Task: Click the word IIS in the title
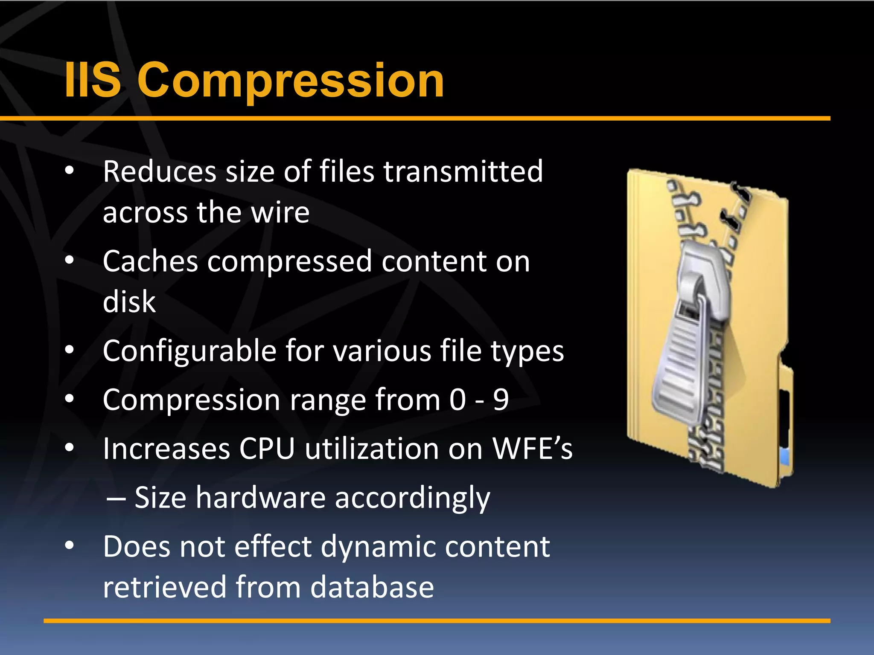[93, 80]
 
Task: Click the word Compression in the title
[291, 80]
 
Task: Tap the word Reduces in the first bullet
[159, 171]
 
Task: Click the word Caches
[150, 261]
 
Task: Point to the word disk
[129, 301]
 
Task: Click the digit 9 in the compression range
[501, 400]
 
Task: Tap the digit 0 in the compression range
[457, 400]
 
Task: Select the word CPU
[267, 449]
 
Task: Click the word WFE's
[532, 449]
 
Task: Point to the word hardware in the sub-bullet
[260, 498]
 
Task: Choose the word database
[372, 587]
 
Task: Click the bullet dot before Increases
[70, 448]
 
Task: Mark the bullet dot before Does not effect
[70, 545]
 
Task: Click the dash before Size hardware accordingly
[116, 498]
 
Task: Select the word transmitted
[463, 171]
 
